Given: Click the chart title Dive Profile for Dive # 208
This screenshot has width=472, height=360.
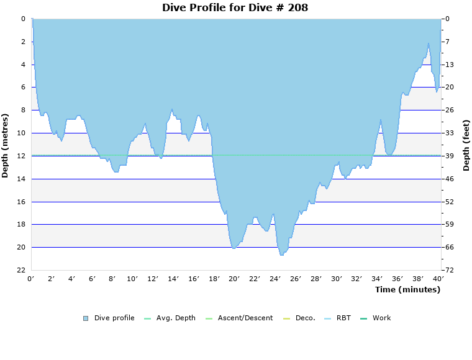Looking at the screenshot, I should point(235,8).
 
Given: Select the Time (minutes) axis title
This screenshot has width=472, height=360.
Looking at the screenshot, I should point(407,290).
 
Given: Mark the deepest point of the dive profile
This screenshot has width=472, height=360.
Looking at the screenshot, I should point(281,255).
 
